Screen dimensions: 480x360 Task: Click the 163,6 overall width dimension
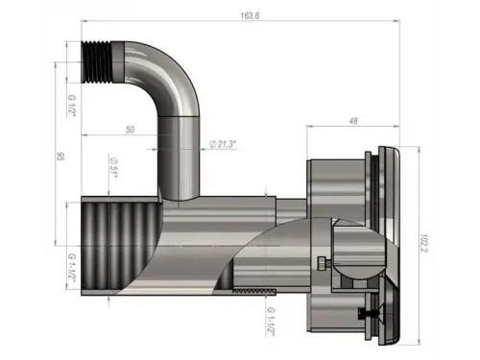click(250, 15)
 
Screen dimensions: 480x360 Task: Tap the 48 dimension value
click(353, 121)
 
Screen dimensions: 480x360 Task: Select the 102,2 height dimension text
click(423, 243)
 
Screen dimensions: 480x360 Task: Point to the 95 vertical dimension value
click(60, 156)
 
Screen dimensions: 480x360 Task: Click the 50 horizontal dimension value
click(130, 130)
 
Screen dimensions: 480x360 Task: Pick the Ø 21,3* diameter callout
click(223, 144)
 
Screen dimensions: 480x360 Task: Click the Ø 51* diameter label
click(113, 168)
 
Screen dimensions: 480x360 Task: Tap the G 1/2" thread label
click(71, 106)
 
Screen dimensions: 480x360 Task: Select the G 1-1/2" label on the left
click(71, 268)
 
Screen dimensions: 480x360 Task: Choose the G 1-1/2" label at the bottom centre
click(271, 322)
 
